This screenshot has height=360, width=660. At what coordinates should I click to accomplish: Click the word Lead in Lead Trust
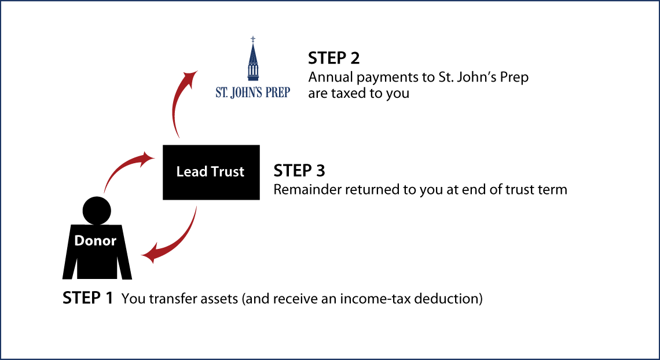(190, 172)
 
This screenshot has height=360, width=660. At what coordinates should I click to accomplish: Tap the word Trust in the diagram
(225, 172)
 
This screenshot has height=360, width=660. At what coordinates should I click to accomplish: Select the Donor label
(96, 241)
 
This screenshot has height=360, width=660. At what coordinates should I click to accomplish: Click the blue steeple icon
(253, 61)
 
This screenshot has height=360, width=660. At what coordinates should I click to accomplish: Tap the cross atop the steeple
(253, 39)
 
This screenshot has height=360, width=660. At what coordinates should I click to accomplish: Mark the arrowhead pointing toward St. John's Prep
(190, 77)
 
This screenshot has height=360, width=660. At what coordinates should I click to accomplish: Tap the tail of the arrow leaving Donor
(105, 191)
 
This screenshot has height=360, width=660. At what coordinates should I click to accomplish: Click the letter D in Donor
(79, 241)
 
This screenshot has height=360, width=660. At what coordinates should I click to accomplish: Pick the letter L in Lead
(179, 172)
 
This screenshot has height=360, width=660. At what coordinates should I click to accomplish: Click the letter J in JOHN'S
(236, 93)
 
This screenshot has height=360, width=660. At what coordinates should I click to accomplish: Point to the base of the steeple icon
(253, 78)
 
